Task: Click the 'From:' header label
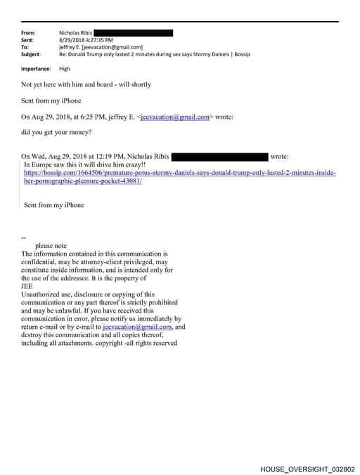(x=29, y=33)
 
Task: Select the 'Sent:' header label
(x=28, y=40)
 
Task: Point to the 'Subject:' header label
(x=31, y=54)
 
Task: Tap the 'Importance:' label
(x=36, y=69)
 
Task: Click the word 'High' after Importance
(x=65, y=69)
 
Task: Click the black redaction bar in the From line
(x=133, y=33)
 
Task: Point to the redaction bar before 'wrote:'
(x=219, y=156)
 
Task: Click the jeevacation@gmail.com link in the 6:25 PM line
(x=175, y=117)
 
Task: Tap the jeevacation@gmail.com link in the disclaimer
(x=137, y=327)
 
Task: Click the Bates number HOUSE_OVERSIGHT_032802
(x=307, y=469)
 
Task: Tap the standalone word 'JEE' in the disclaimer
(x=27, y=286)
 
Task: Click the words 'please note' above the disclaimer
(x=51, y=246)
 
